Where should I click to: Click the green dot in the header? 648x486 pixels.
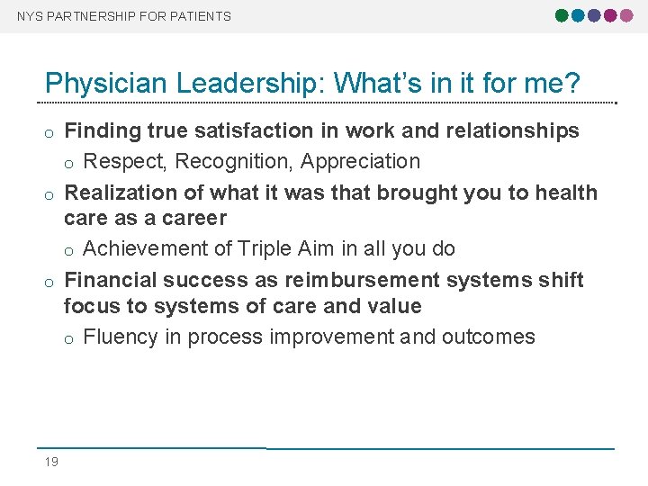coord(562,15)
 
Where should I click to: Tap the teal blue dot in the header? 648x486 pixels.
coord(578,15)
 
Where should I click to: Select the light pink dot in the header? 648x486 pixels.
coord(625,15)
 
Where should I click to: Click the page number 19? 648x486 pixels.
coord(51,462)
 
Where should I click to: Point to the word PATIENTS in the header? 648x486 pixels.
coord(200,16)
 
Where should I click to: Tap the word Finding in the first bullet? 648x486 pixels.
coord(103,131)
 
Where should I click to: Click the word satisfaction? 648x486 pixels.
coord(255,131)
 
